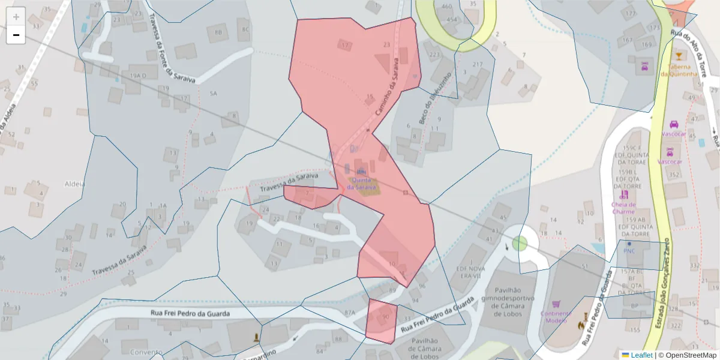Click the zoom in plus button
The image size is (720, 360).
click(x=16, y=17)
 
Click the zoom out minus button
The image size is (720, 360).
click(x=16, y=35)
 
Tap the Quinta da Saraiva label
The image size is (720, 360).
click(x=361, y=184)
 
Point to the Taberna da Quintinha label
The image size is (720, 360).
click(x=679, y=70)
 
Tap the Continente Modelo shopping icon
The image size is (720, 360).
click(x=556, y=305)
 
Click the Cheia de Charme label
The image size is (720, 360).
click(x=623, y=208)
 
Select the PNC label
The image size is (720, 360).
click(x=628, y=251)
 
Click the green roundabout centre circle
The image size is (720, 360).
click(x=520, y=243)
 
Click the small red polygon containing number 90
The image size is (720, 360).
click(x=382, y=320)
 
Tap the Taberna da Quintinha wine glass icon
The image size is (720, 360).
click(x=679, y=56)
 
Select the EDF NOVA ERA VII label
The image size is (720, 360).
click(x=472, y=272)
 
